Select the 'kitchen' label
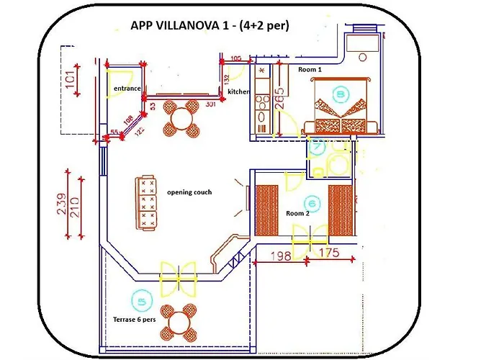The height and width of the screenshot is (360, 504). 238,92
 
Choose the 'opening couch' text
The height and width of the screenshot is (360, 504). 189,192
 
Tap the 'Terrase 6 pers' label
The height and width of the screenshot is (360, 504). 134,319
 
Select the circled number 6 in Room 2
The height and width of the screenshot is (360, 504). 312,203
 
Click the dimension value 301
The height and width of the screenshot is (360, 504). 211,104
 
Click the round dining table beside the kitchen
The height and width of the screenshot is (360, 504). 180,118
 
